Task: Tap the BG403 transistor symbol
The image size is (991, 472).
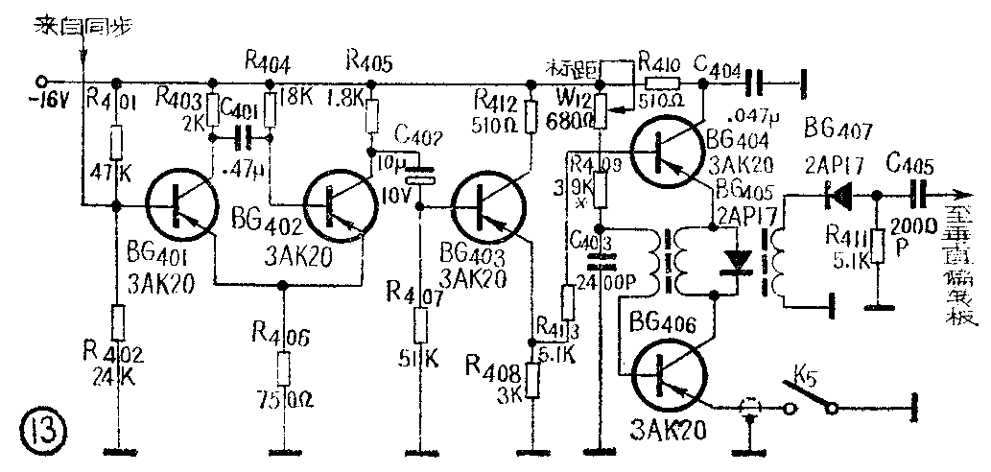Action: pyautogui.click(x=489, y=207)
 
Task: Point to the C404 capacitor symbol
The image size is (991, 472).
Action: pyautogui.click(x=758, y=83)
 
